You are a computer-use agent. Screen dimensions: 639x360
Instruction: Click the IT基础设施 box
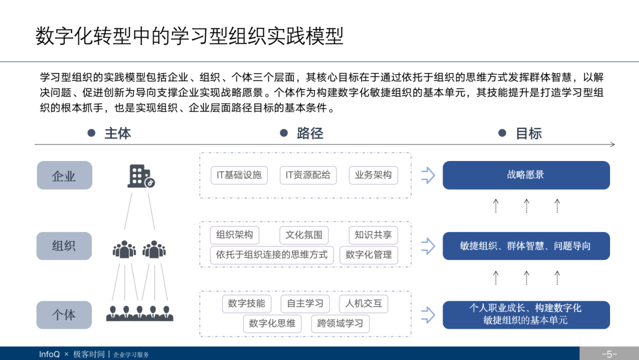[239, 175]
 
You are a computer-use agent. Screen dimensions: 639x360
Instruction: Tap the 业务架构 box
[373, 175]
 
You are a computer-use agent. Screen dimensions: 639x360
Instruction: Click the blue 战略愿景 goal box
[526, 175]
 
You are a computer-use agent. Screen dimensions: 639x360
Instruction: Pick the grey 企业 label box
[64, 176]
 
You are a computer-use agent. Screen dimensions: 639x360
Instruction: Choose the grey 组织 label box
[64, 246]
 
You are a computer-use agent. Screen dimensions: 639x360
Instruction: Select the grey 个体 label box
[64, 315]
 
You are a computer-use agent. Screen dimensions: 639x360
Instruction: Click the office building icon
[141, 176]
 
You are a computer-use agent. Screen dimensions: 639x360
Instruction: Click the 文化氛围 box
[304, 235]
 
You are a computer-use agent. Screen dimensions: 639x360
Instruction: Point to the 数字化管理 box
[369, 255]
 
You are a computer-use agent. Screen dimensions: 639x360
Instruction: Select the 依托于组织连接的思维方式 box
[272, 255]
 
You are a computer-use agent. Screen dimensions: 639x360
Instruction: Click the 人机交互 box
[364, 304]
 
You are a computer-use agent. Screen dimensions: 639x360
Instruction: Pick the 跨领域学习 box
[340, 323]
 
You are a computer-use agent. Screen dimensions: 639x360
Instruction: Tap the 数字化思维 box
[272, 323]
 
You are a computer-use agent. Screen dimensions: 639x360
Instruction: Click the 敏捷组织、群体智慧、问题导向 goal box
[526, 246]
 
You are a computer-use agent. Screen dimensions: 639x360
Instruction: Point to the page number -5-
[609, 354]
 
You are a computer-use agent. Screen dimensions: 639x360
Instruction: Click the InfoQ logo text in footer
[49, 354]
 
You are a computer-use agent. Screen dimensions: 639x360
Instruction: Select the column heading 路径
[309, 133]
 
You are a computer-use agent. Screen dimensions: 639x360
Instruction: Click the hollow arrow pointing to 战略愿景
[428, 175]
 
